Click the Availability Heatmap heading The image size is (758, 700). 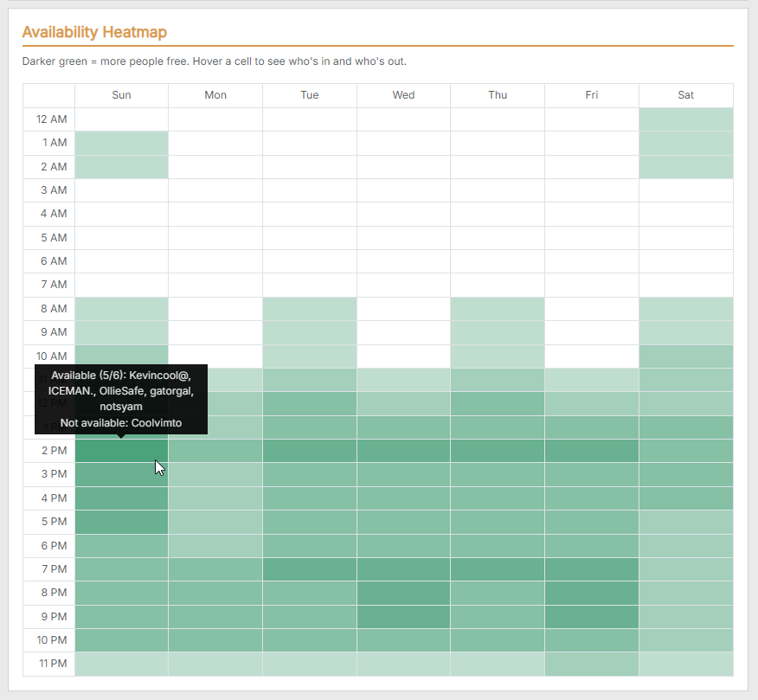[94, 32]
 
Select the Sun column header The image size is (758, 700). [121, 95]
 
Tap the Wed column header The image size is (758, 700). [403, 95]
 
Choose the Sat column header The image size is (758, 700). [686, 95]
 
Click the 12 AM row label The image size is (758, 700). [52, 119]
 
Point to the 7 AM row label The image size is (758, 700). [54, 285]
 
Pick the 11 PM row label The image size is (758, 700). [53, 664]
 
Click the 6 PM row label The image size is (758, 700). [55, 546]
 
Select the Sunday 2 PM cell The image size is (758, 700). [121, 451]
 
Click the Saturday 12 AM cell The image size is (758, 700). [686, 119]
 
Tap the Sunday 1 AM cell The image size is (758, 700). [121, 143]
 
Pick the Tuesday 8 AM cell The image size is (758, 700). [310, 309]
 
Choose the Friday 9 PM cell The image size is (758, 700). [592, 617]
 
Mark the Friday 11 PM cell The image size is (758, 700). [592, 665]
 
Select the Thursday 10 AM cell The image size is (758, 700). [498, 356]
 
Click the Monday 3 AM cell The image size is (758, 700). [215, 190]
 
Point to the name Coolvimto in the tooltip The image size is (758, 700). [157, 423]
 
